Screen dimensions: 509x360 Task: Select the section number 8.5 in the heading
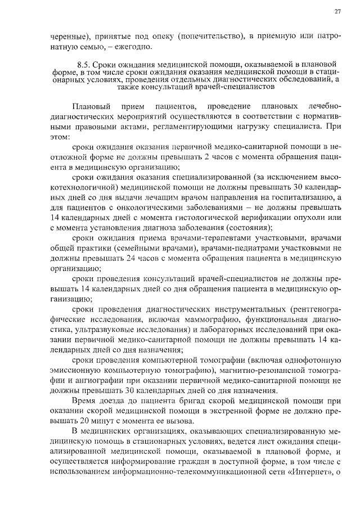pos(83,64)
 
